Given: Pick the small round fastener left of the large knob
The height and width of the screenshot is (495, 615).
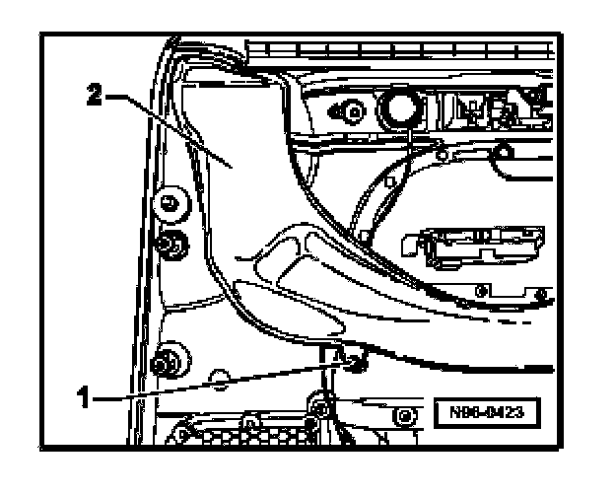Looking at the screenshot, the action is point(346,109).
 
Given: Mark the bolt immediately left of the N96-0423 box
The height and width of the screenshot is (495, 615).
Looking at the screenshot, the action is point(403,415).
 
